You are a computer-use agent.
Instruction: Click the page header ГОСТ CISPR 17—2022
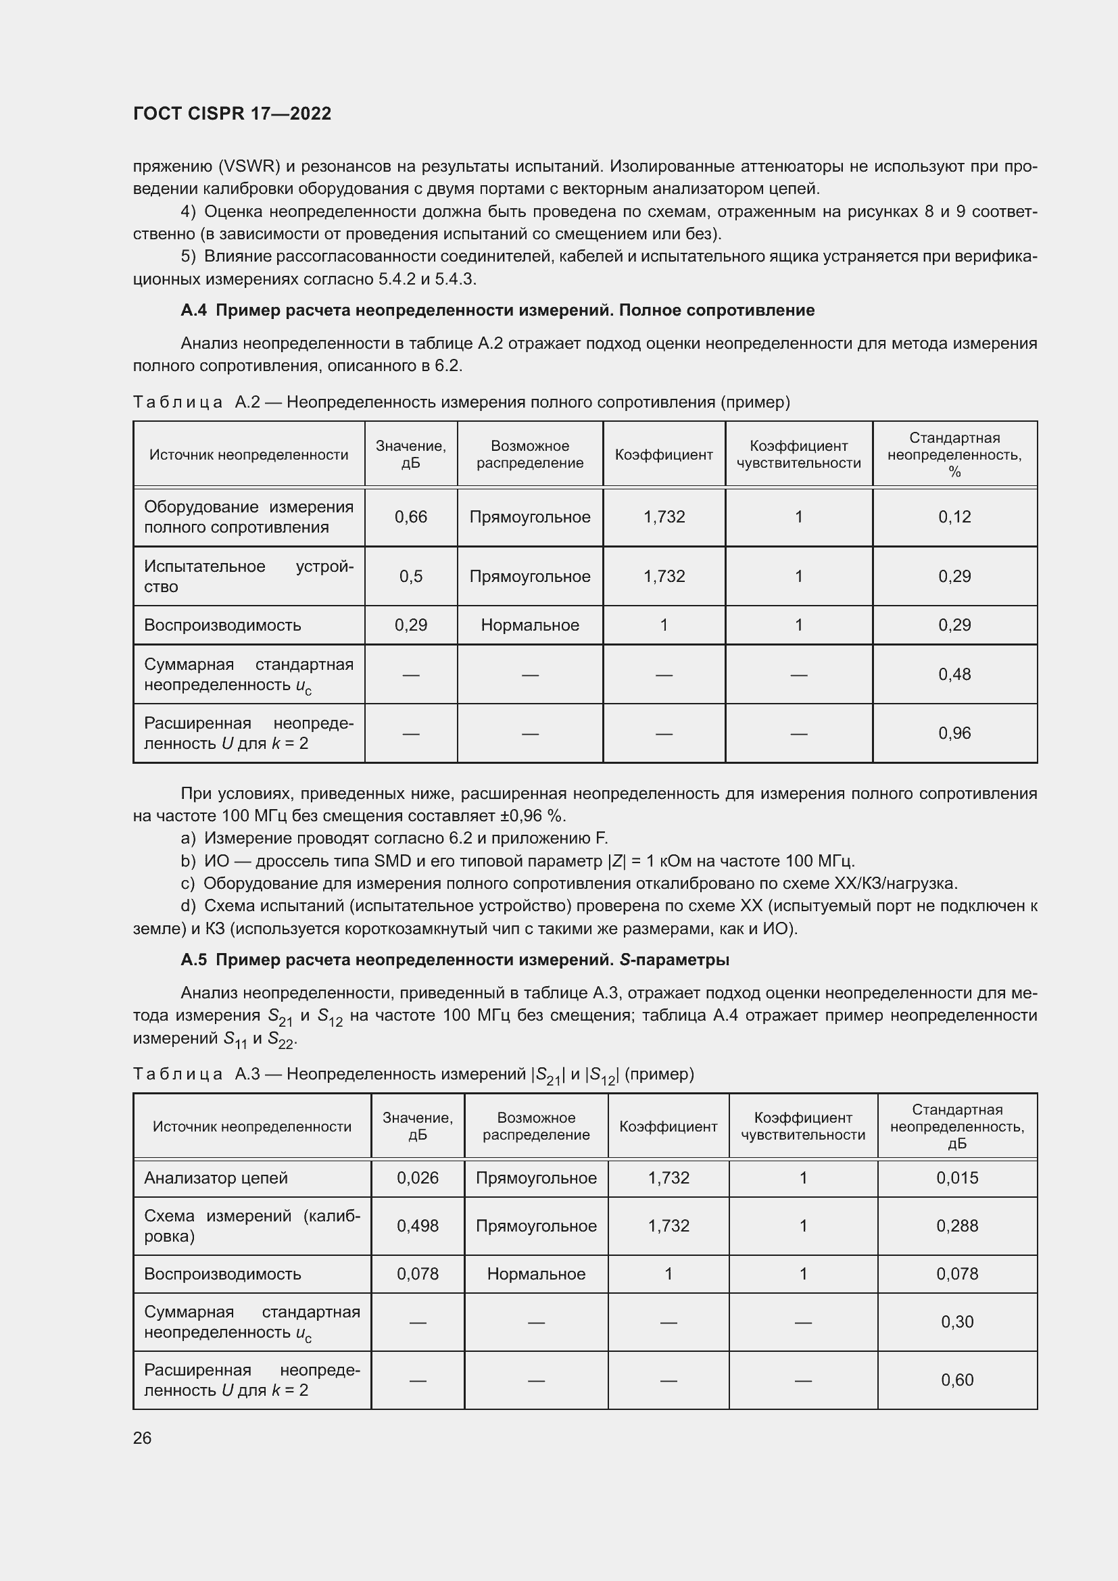232,114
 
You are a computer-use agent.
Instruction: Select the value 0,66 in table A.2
410,516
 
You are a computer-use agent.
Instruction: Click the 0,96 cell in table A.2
954,733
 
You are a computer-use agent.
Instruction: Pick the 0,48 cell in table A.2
954,674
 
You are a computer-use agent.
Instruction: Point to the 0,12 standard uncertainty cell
954,516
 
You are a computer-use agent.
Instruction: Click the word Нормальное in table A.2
529,625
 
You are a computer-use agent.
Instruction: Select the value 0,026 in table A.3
417,1177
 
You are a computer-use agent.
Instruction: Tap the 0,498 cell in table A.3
417,1225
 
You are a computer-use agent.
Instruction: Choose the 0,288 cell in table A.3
957,1225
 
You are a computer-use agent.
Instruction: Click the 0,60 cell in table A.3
957,1380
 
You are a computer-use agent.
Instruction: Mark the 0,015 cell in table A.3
957,1177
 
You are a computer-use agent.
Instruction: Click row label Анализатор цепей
216,1177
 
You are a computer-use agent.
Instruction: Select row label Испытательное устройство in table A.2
248,576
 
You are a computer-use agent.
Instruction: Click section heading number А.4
193,310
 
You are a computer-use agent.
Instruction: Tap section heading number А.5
193,960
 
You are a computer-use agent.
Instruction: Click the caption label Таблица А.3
196,1074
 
